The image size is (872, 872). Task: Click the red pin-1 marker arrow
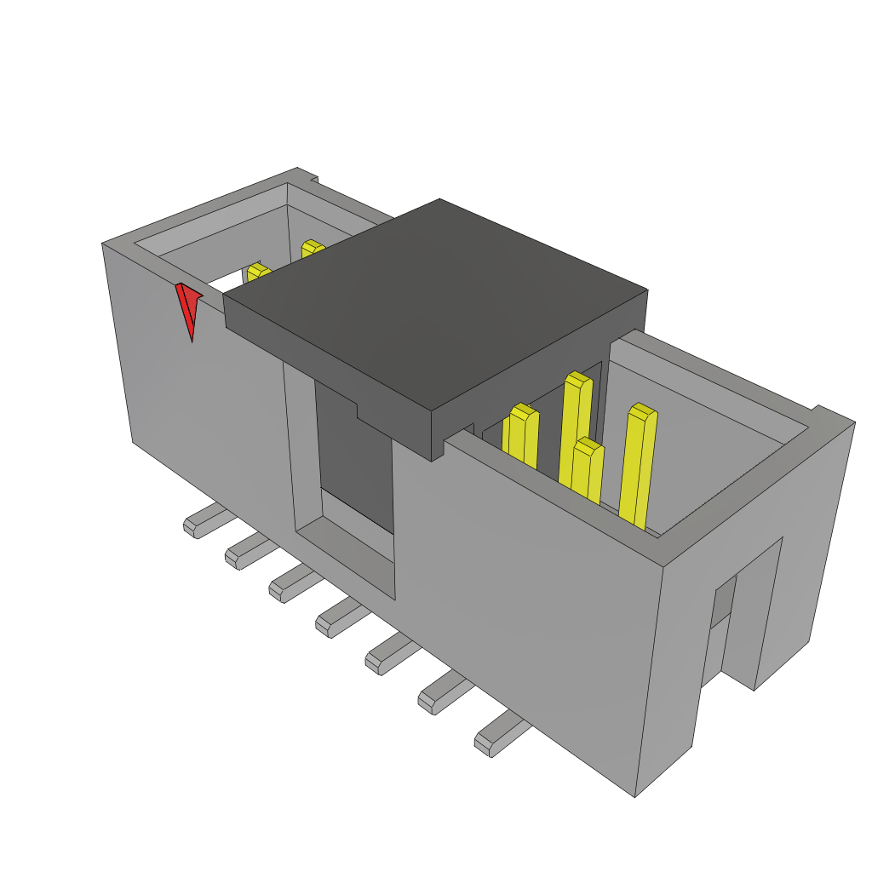pos(188,308)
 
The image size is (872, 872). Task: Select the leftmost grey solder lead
pos(203,521)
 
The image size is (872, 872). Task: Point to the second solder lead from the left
pos(245,550)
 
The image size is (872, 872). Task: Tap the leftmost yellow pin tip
pos(258,273)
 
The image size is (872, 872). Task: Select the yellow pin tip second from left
pos(313,248)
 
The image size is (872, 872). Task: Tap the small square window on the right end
pos(723,600)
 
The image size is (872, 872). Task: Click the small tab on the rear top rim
pos(313,179)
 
